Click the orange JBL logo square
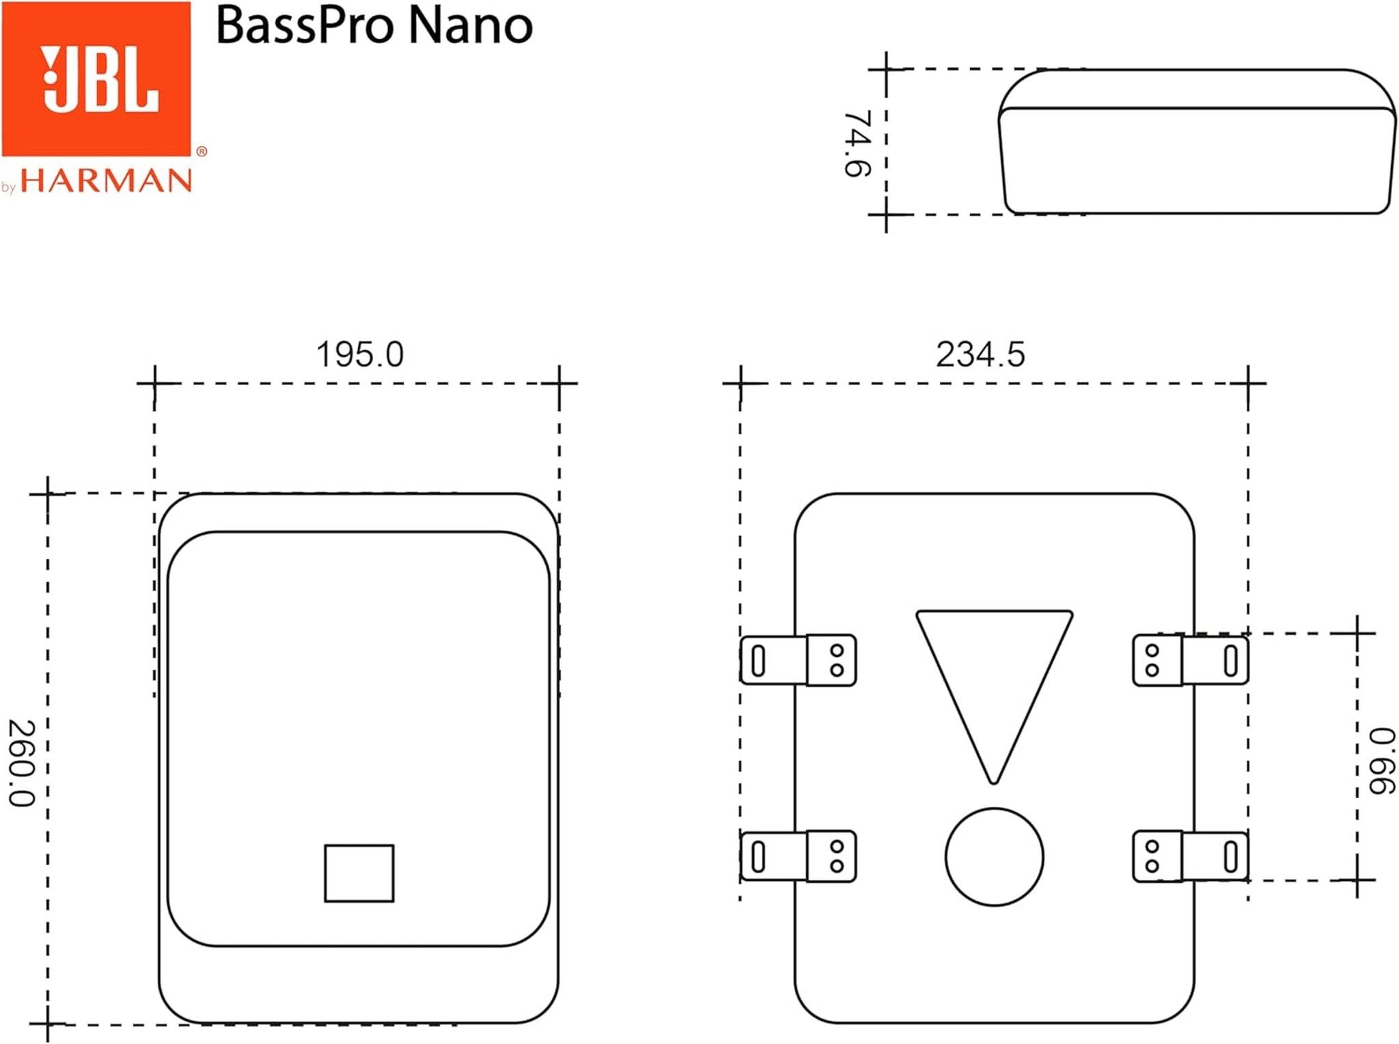click(96, 79)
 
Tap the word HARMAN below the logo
click(107, 181)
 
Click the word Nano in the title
click(471, 26)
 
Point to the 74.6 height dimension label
click(857, 143)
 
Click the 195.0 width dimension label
click(360, 354)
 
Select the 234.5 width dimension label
click(980, 354)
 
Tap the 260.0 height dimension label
click(20, 763)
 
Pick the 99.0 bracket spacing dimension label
click(1381, 761)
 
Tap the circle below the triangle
click(995, 857)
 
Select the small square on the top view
click(359, 873)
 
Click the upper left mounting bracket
click(798, 660)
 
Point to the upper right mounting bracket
click(1191, 660)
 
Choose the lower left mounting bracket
click(798, 856)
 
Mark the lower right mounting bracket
click(1191, 856)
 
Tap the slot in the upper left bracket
click(758, 660)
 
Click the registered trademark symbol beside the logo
click(202, 152)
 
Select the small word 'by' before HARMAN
click(8, 187)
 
